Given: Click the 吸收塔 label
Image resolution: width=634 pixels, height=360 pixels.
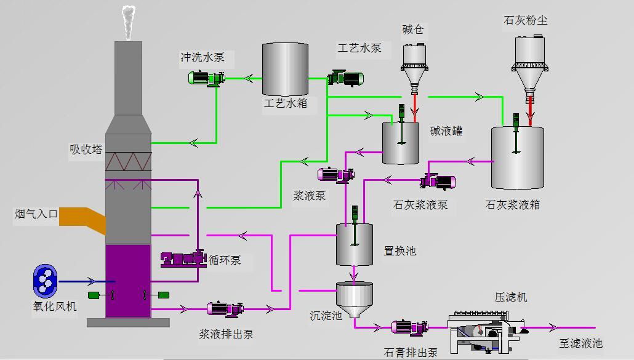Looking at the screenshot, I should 86,150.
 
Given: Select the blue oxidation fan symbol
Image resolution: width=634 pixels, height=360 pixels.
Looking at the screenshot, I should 46,280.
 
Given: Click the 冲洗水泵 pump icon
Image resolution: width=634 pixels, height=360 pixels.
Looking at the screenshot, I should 206,78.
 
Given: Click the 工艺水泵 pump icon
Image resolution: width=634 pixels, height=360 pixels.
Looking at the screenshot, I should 345,78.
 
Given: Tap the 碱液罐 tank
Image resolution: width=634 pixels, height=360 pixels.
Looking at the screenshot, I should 401,143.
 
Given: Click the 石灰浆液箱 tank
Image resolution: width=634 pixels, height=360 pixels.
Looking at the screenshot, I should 517,158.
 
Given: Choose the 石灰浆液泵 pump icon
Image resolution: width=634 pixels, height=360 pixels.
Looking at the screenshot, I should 438,182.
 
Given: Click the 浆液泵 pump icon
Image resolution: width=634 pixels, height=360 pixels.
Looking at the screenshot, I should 335,175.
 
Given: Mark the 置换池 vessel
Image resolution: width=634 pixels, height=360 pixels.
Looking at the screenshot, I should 355,244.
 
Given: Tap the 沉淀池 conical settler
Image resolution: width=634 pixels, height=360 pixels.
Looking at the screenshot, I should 355,298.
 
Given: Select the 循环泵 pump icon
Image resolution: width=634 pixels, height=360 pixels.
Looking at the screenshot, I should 183,259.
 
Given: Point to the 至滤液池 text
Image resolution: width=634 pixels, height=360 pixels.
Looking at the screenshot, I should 580,343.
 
